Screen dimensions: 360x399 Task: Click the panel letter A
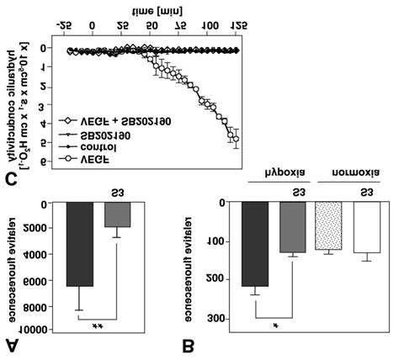click(x=14, y=341)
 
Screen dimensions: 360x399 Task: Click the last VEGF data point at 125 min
click(x=237, y=139)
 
